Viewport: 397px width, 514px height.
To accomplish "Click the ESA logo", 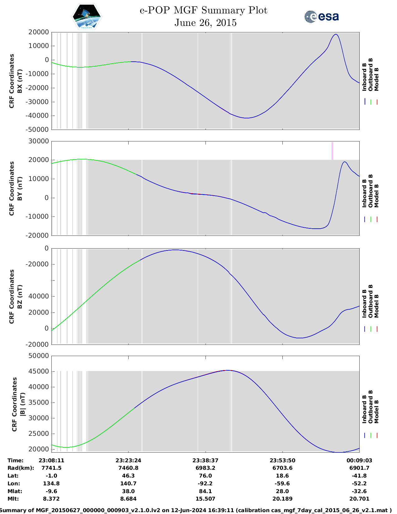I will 322,17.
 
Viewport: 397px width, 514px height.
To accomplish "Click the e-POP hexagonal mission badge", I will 87,17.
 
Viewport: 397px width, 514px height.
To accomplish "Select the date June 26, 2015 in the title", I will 205,23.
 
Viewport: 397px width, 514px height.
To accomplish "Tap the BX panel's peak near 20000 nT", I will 336,35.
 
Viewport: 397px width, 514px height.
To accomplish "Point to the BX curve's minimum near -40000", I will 246,118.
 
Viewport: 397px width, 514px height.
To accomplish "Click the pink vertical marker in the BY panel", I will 332,151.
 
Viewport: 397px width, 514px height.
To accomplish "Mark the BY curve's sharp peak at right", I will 344,162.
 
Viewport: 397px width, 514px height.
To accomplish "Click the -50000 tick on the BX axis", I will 38,130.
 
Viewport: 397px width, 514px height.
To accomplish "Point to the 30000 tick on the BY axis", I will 40,141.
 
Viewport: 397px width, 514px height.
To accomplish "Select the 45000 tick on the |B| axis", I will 40,371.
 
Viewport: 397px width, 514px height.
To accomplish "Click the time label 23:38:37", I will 205,460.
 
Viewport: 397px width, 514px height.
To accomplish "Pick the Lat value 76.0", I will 205,476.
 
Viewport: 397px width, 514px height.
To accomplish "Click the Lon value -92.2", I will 205,483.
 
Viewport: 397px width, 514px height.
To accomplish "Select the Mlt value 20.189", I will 282,499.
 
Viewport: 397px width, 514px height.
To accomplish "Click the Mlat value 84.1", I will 205,491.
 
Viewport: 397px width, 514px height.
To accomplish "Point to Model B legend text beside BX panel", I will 376,79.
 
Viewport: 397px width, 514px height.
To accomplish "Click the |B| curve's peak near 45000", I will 228,370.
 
